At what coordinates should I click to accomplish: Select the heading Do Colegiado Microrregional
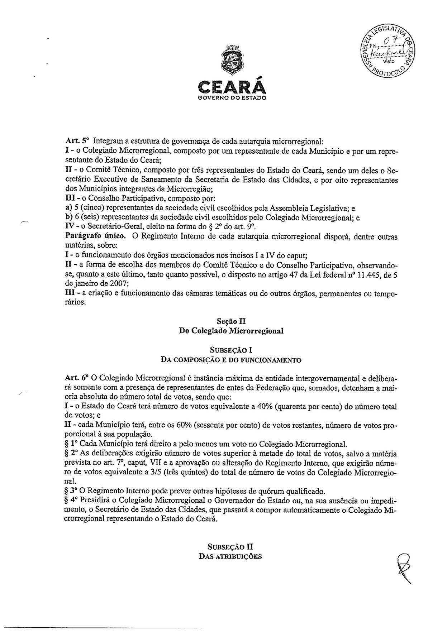click(x=231, y=331)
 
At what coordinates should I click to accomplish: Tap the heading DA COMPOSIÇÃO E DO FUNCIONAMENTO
click(x=231, y=359)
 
